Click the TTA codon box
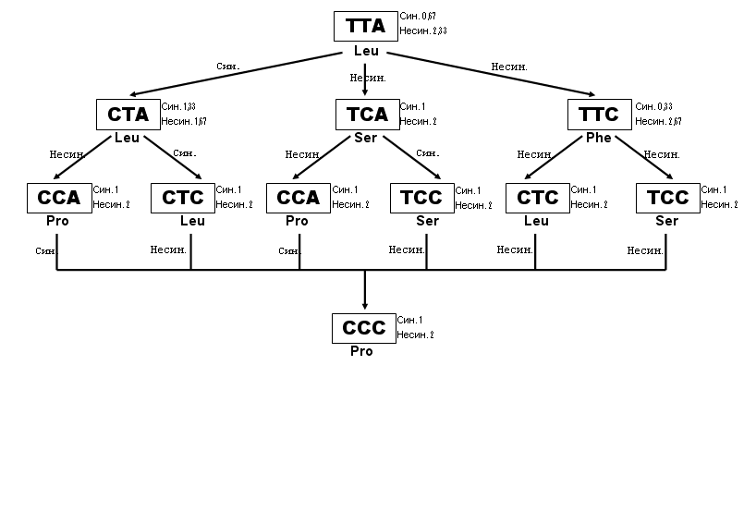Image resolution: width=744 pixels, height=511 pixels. pyautogui.click(x=365, y=26)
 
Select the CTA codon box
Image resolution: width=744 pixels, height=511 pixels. pyautogui.click(x=128, y=115)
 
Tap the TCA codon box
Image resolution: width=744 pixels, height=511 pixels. pyautogui.click(x=366, y=115)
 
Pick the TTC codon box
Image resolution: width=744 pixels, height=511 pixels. pyautogui.click(x=599, y=115)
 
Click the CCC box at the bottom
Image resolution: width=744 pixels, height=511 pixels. pyautogui.click(x=363, y=328)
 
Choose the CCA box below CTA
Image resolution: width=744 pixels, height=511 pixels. pyautogui.click(x=59, y=198)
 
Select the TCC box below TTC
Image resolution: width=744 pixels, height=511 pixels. pyautogui.click(x=667, y=198)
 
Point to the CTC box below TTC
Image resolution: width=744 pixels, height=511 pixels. pyautogui.click(x=537, y=198)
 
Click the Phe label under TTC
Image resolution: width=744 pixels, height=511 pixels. pyautogui.click(x=598, y=138)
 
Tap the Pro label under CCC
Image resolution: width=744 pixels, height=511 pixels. pyautogui.click(x=361, y=351)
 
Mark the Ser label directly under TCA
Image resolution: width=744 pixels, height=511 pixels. pyautogui.click(x=365, y=138)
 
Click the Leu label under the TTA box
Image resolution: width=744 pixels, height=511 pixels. pyautogui.click(x=366, y=51)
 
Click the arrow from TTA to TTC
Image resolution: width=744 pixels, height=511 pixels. pyautogui.click(x=490, y=75)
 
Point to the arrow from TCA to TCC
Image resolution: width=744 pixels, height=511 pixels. pyautogui.click(x=412, y=159)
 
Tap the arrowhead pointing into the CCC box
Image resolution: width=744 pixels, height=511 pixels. pyautogui.click(x=364, y=306)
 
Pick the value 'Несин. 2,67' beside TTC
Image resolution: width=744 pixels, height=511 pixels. pyautogui.click(x=658, y=121)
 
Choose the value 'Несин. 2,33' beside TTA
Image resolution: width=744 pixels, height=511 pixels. pyautogui.click(x=423, y=31)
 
